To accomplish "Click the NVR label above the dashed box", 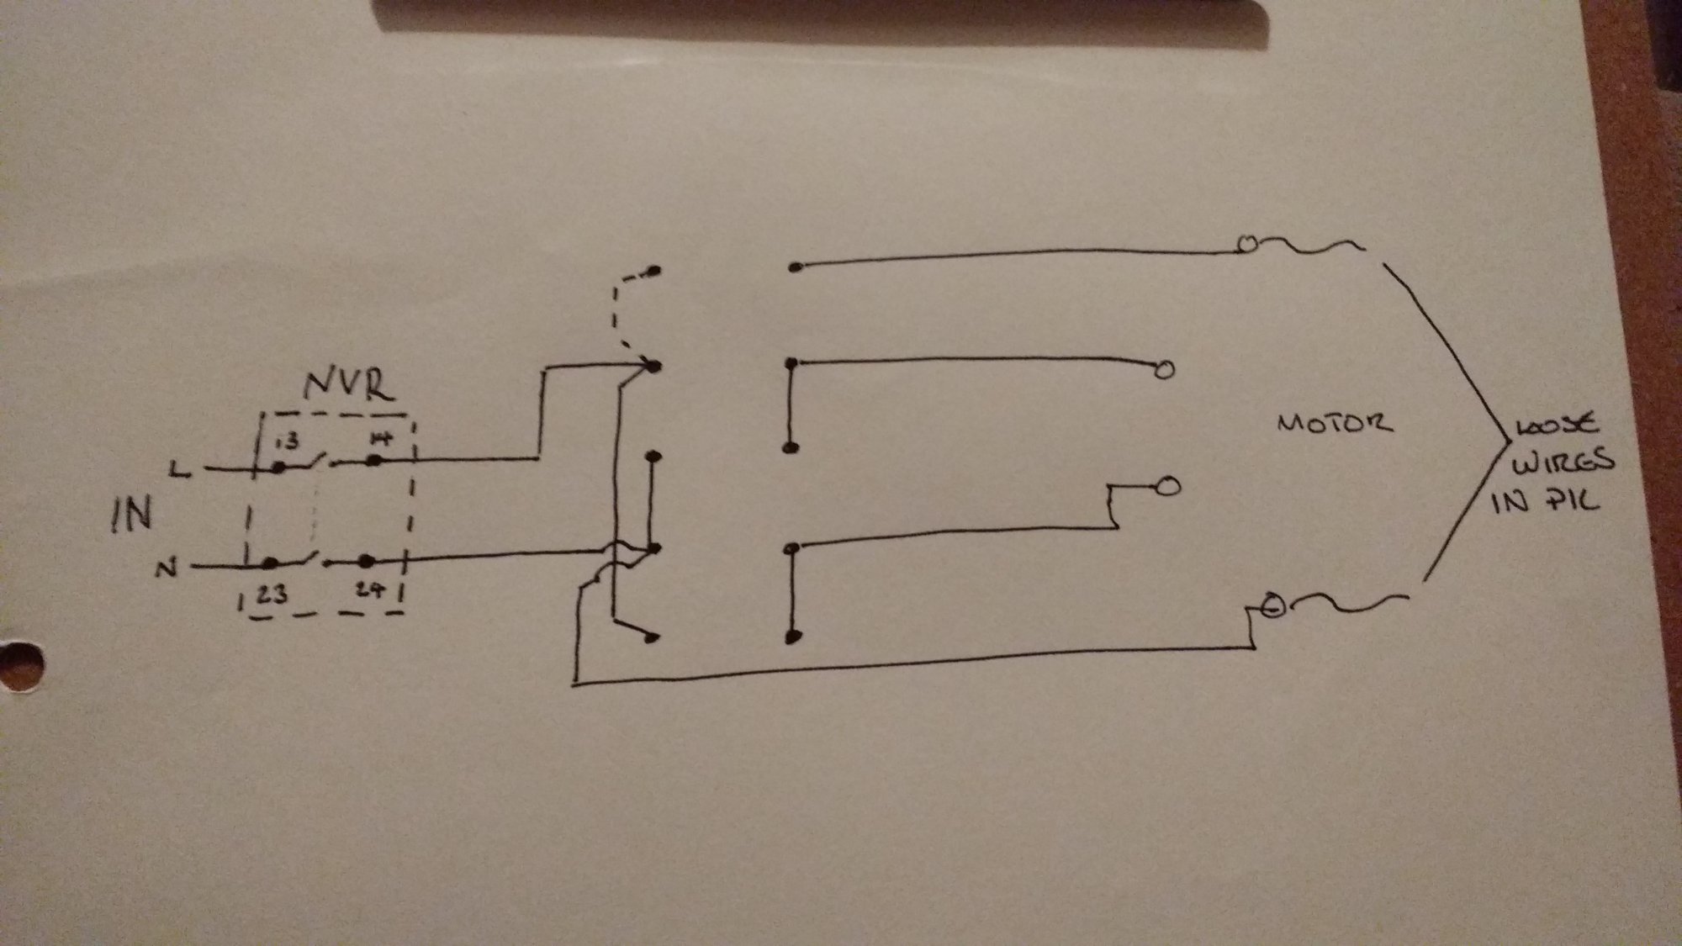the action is coord(348,386).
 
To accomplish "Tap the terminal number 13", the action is coord(288,439).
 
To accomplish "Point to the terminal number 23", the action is coord(271,595).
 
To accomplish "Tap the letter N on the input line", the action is coord(167,568).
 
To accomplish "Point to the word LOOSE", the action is coord(1556,425).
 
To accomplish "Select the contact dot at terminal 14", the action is coord(374,460).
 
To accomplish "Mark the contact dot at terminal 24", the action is coord(366,560).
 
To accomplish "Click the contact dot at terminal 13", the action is coord(279,468).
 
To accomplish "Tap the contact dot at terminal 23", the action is coord(270,563).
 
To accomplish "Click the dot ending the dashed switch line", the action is coord(653,271).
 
